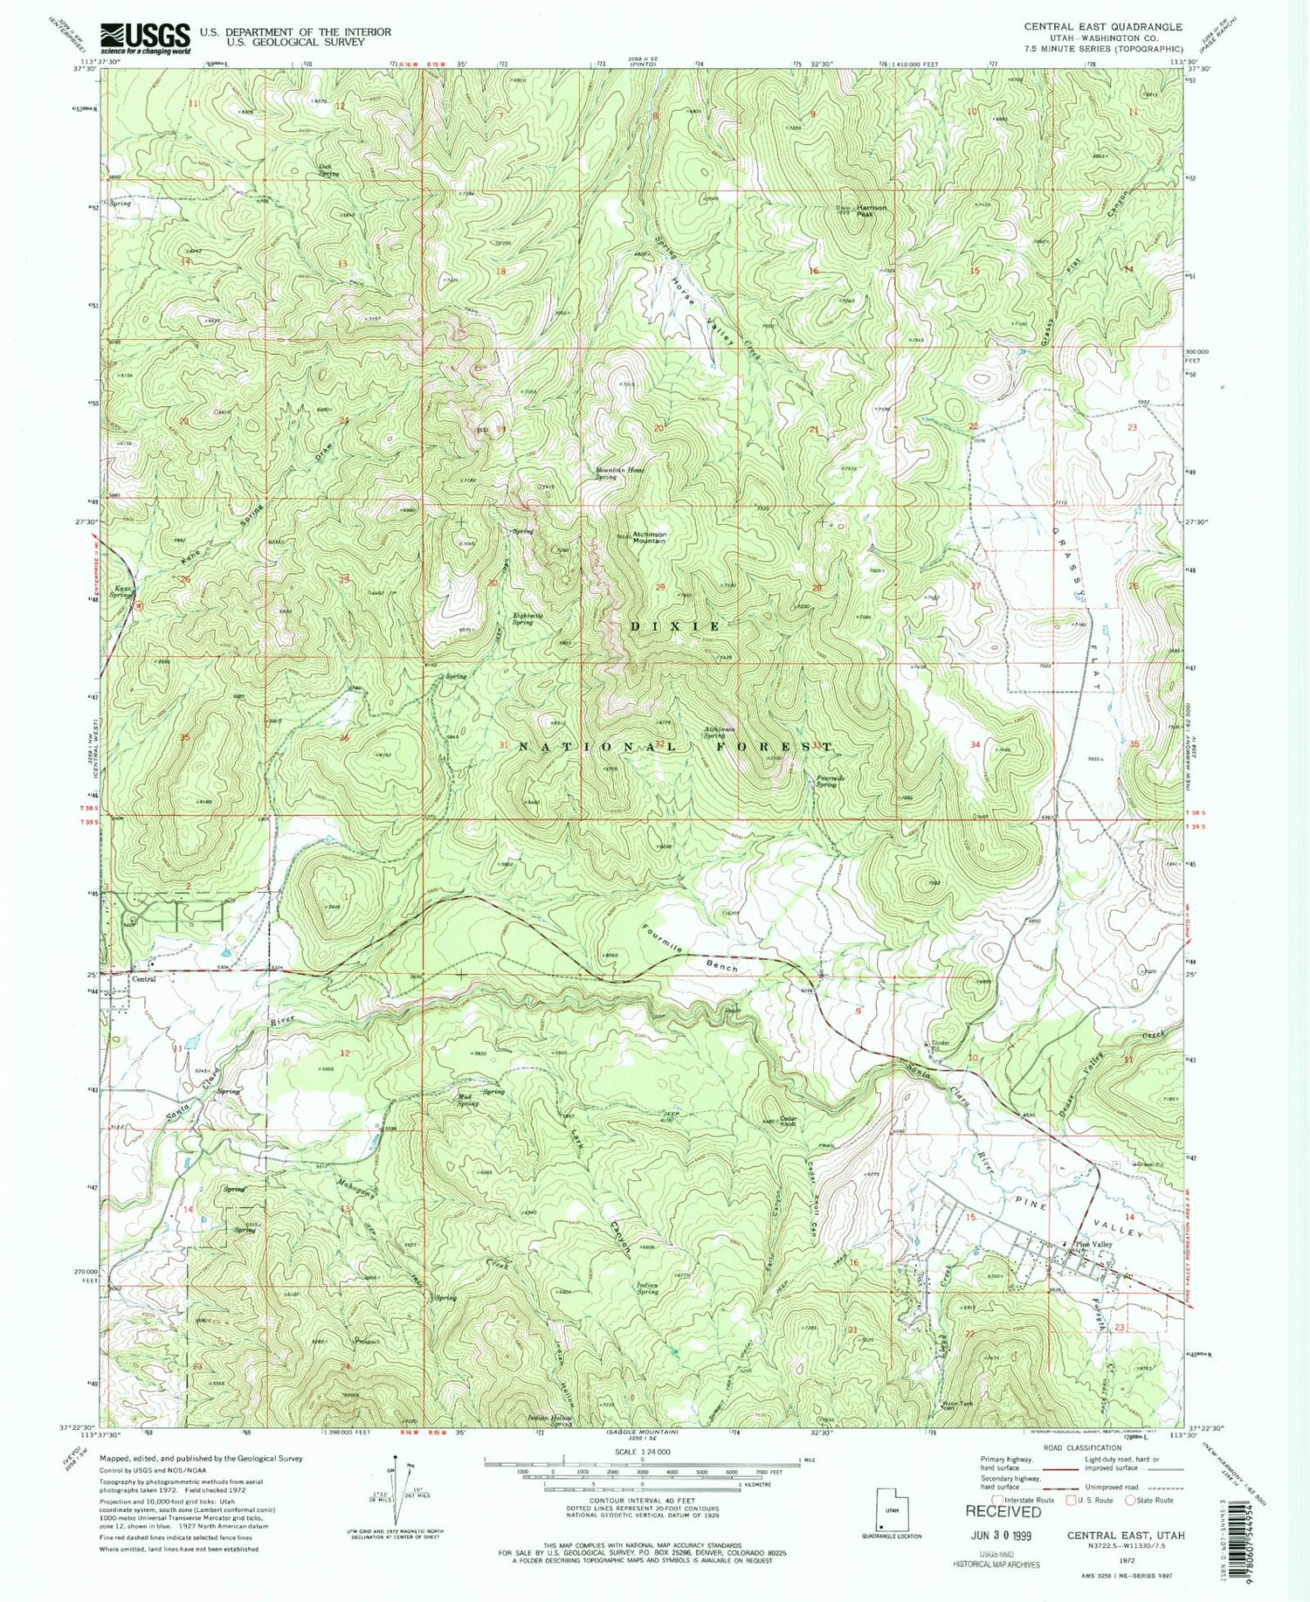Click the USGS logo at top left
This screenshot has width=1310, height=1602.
pos(145,38)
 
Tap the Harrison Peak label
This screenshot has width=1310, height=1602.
pos(872,210)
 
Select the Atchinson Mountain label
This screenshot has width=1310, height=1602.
pos(649,537)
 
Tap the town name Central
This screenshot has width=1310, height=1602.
pos(143,979)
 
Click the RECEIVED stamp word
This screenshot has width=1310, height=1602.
pos(1003,1510)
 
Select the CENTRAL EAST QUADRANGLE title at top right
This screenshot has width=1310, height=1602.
pos(1103,27)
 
